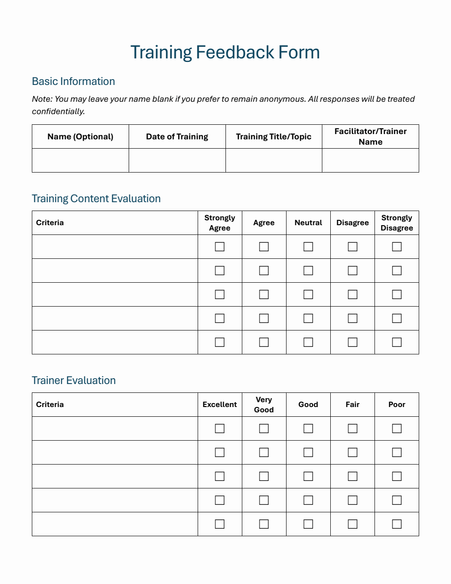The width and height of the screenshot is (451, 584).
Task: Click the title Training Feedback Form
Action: [225, 52]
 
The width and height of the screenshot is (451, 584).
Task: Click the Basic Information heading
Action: [73, 81]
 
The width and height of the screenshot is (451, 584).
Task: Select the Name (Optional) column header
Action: [80, 137]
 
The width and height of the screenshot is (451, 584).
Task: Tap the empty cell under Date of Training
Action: [177, 161]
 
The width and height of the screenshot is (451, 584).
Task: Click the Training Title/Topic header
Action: [273, 137]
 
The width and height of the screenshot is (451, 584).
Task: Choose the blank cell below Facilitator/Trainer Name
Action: [370, 161]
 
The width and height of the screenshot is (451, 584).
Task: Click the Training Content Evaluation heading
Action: [96, 199]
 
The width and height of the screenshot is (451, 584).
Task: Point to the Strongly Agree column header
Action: [219, 223]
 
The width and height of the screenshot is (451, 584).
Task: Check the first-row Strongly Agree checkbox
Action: [219, 247]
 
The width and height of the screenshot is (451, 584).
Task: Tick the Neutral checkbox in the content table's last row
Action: [308, 342]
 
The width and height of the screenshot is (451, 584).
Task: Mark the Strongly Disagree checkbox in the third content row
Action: [397, 295]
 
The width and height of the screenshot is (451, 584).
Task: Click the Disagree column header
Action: [352, 223]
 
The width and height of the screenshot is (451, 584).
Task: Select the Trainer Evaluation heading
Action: [73, 380]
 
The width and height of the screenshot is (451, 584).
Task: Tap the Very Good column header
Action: [264, 404]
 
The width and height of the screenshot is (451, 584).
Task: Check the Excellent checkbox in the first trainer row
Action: [219, 429]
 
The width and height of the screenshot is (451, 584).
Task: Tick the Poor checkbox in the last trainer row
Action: [397, 524]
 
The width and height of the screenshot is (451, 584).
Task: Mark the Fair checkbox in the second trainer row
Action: [352, 453]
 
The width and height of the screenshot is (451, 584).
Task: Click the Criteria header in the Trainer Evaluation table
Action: [50, 404]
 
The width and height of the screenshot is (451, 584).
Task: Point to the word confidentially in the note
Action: [57, 111]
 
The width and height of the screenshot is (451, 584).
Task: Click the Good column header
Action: [308, 404]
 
